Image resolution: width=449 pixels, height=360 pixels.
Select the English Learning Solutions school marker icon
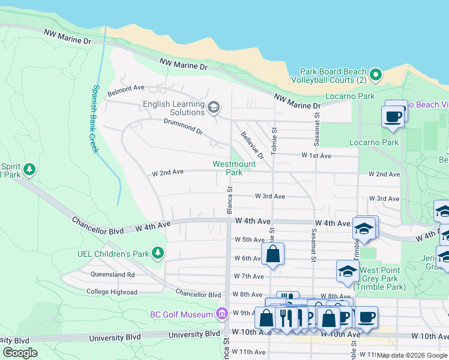213,108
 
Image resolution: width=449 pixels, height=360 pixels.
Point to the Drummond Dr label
183,126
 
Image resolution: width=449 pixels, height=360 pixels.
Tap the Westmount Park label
234,168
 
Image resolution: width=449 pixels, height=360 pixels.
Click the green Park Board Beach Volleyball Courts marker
376,75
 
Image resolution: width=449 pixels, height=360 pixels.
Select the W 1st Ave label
316,155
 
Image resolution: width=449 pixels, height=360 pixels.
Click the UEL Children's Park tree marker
158,253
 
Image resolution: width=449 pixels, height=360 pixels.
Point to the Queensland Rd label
113,274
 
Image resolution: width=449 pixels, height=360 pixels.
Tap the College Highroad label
112,292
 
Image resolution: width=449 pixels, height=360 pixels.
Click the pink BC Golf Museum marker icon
221,314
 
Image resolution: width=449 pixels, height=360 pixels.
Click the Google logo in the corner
20,353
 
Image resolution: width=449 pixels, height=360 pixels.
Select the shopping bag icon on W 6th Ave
273,253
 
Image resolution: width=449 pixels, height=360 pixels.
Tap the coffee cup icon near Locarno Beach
393,116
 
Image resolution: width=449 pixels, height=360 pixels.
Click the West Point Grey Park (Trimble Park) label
384,279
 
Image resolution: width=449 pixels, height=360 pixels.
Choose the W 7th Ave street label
249,276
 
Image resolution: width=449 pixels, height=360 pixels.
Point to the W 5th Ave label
249,239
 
